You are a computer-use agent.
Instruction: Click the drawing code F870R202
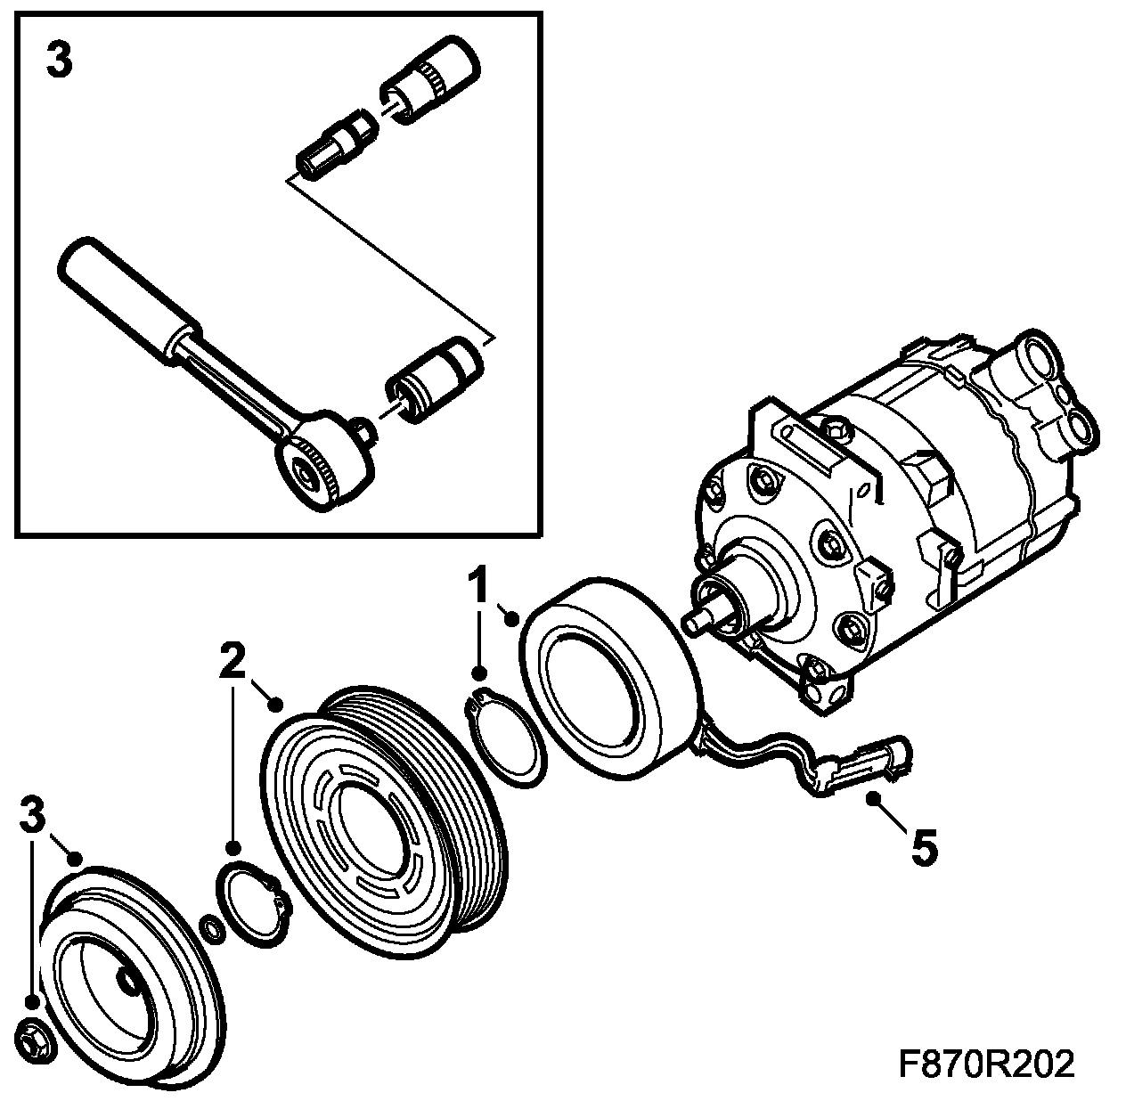point(986,1064)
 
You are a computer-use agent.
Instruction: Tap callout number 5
point(923,847)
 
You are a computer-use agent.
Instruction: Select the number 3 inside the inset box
point(59,61)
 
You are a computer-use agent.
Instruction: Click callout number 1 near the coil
point(479,587)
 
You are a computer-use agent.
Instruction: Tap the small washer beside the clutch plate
point(213,927)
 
